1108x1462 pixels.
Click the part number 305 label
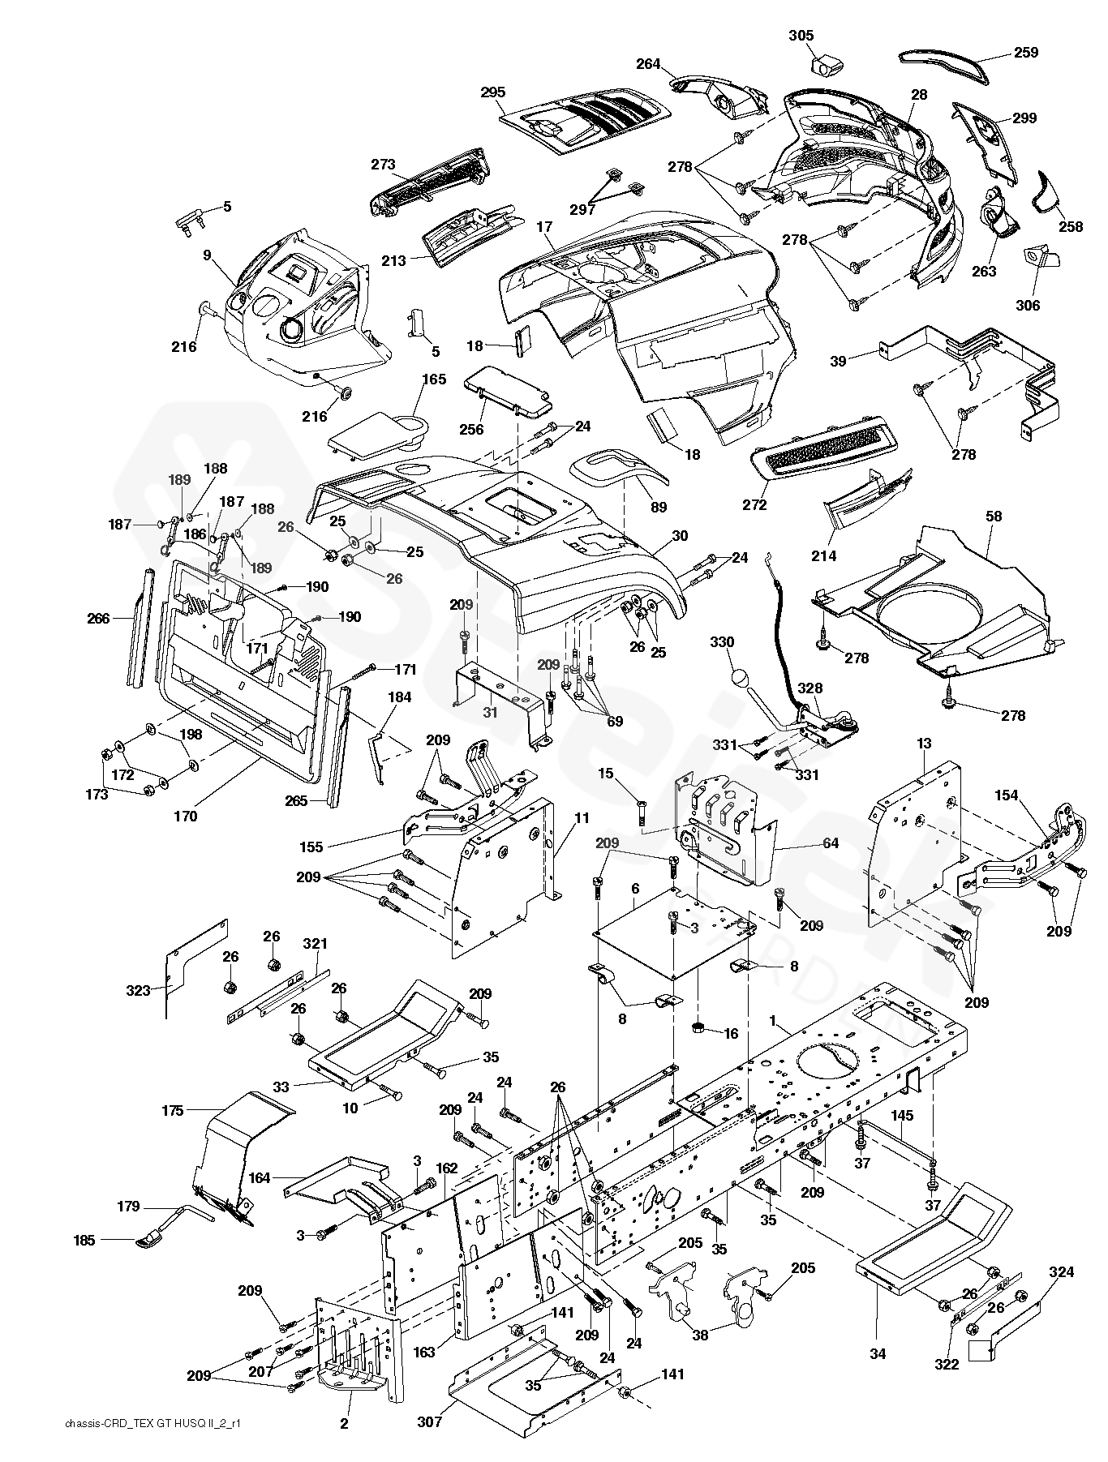pyautogui.click(x=801, y=36)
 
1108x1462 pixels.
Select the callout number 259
pyautogui.click(x=1025, y=53)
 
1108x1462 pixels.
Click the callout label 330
pyautogui.click(x=722, y=642)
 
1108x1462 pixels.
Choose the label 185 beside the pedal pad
pyautogui.click(x=84, y=1240)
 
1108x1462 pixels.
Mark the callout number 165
pyautogui.click(x=434, y=379)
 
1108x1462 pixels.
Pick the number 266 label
pyautogui.click(x=98, y=618)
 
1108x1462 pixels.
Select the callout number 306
pyautogui.click(x=1027, y=306)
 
